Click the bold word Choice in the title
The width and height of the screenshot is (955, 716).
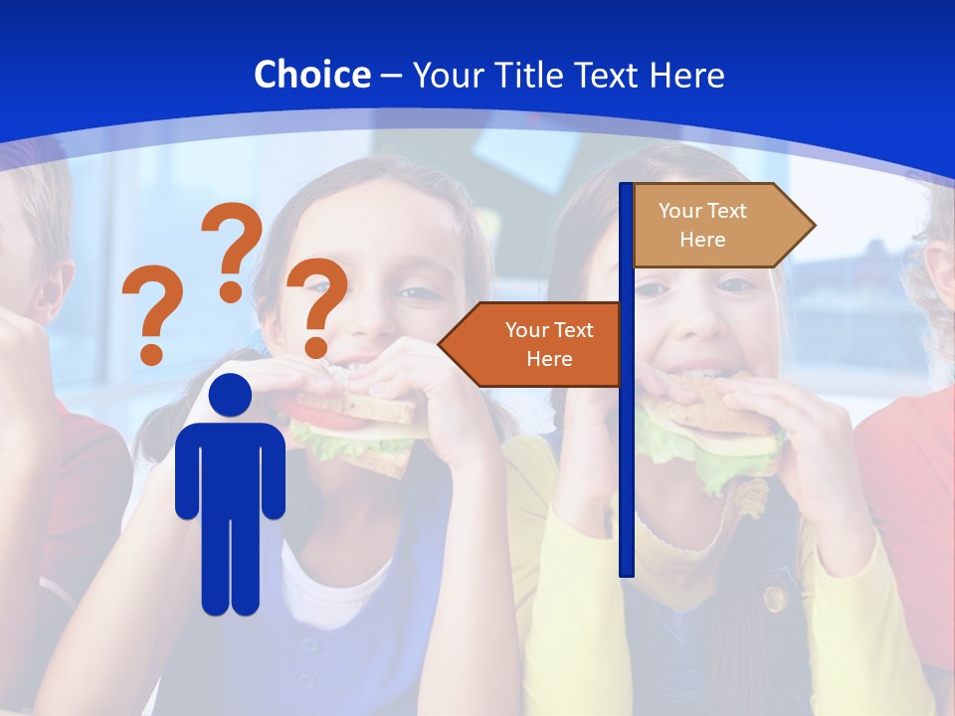(311, 75)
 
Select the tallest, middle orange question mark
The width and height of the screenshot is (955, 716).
(232, 251)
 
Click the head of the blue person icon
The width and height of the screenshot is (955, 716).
(231, 396)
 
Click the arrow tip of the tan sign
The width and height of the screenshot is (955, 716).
(808, 225)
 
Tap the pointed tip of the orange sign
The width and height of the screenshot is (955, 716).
(446, 344)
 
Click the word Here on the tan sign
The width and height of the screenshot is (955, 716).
(702, 240)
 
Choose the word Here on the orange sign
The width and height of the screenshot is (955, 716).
(549, 359)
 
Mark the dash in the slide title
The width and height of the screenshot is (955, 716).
(391, 76)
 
